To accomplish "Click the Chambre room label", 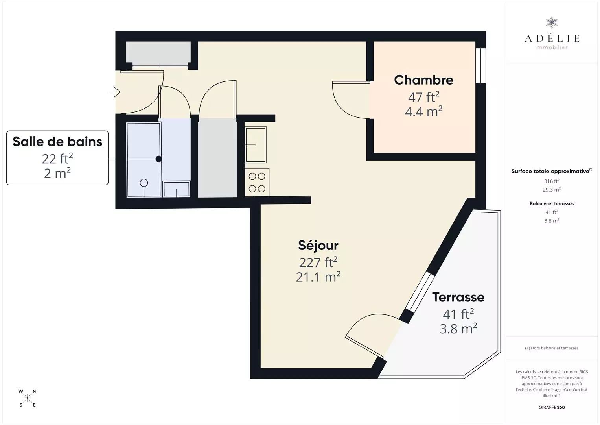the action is coord(423,80).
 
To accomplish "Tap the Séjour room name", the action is coord(318,245).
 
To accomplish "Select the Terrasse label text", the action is coord(458,297).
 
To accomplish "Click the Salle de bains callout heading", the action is coord(57,142).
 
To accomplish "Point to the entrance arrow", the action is coord(114,92).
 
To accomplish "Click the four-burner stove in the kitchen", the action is coord(257,182).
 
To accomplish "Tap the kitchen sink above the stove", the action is coord(256,145).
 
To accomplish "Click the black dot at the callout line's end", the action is coord(158,159).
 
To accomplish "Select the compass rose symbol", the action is coord(27,398).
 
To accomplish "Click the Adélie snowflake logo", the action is coord(552,22).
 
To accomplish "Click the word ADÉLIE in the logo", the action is coord(552,38).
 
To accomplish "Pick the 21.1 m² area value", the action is coord(318,277).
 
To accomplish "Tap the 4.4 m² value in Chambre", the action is coord(423,111).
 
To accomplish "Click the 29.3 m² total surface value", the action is coord(552,190).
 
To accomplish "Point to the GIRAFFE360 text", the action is coord(552,407).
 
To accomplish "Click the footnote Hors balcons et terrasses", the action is coord(552,348).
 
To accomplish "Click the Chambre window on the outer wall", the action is coord(481,65).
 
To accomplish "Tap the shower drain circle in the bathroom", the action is coord(144,183).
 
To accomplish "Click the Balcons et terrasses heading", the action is coord(552,203).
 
